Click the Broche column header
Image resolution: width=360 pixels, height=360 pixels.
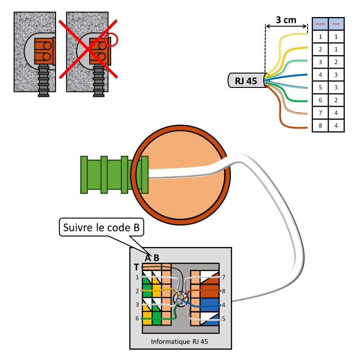320,23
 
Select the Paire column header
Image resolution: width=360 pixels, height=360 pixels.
336,23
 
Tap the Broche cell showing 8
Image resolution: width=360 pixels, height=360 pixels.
320,126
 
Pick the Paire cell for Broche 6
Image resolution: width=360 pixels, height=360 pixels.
336,100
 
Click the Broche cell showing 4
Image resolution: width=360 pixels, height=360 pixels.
320,74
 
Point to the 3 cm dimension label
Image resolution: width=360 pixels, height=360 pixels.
286,20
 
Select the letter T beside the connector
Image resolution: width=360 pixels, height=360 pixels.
136,267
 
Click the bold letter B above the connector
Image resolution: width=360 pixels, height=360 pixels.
156,258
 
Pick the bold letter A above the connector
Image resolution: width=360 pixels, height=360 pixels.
148,258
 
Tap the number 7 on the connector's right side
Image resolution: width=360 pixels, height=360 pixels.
223,278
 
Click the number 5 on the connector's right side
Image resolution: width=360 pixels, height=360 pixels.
223,319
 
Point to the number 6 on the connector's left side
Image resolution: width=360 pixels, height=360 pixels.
137,318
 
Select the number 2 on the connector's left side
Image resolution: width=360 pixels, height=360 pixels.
137,291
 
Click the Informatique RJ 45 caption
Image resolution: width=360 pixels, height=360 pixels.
179,341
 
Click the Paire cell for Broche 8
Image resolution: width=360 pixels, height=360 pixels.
336,126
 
